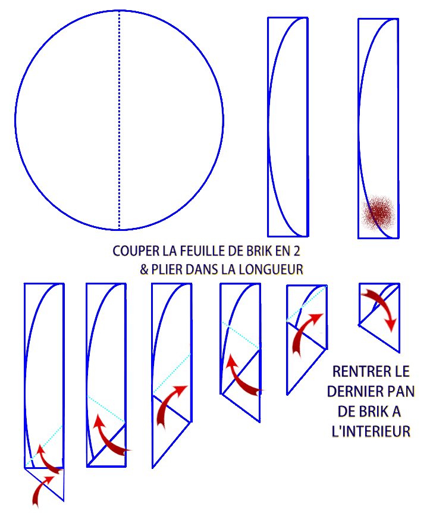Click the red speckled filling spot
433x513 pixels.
tap(379, 213)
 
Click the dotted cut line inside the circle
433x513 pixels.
tap(119, 120)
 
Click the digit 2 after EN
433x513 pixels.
tap(297, 251)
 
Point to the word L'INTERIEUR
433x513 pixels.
tap(371, 431)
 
